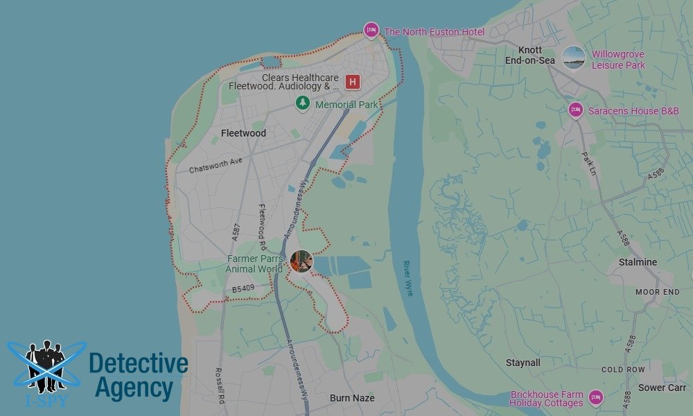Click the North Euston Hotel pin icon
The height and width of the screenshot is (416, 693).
(371, 31)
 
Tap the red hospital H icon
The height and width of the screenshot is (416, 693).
(353, 82)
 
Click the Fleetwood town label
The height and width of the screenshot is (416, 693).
(243, 133)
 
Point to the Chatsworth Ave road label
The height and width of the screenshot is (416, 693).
(215, 164)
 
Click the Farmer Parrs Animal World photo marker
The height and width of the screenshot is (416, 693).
(301, 261)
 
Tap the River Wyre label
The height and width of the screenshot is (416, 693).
(408, 278)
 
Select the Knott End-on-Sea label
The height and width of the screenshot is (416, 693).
(530, 55)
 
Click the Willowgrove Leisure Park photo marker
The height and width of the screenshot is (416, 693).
(573, 58)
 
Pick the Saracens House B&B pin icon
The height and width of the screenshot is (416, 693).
(575, 110)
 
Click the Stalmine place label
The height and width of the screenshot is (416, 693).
(638, 262)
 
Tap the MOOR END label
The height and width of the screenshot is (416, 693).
(657, 293)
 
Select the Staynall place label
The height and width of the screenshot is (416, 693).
(523, 363)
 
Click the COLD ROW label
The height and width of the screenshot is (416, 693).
(623, 370)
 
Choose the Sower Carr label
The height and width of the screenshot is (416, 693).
(662, 388)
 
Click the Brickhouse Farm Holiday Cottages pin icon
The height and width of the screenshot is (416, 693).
(595, 397)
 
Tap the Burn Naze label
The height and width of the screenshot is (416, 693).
(352, 398)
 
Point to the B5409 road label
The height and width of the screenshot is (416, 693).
(244, 288)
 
